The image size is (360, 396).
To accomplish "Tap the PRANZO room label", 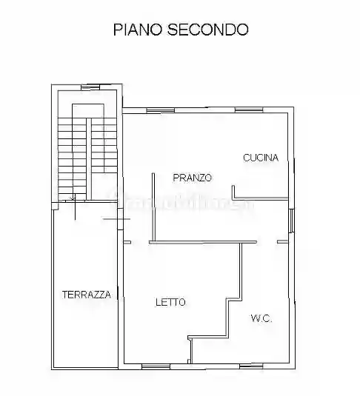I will click(x=193, y=178).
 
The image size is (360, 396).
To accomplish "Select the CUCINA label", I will click(x=261, y=157).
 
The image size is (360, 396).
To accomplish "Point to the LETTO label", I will click(x=170, y=302).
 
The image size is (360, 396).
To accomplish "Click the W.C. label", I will click(x=261, y=318).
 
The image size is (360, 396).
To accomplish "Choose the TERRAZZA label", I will click(x=86, y=295).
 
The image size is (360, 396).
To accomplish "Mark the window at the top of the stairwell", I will click(x=93, y=86).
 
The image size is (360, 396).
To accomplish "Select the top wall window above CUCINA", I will click(x=249, y=110).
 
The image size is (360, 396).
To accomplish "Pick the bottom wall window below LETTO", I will click(x=157, y=366).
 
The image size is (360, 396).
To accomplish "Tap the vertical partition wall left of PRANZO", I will click(x=153, y=204).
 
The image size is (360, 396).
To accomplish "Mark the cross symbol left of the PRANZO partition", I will click(x=112, y=220).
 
